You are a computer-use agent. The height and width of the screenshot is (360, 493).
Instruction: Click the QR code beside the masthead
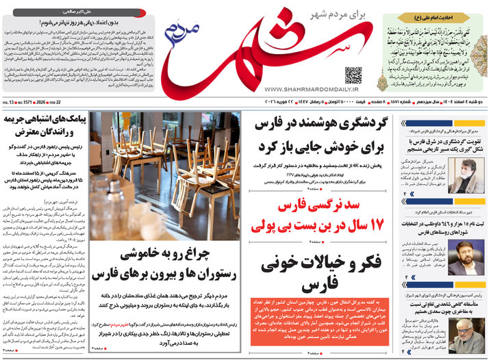coord(353,75)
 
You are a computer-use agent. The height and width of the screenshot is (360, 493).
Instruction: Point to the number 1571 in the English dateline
coord(24,103)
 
